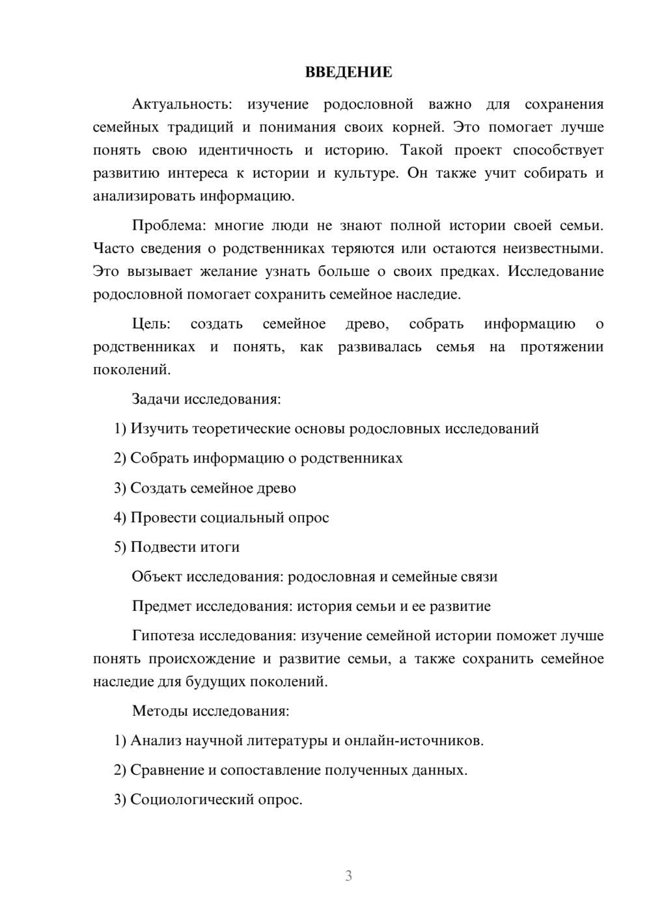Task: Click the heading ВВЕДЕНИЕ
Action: [348, 72]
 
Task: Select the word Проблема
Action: [168, 225]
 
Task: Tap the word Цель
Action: [151, 323]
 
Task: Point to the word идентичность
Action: [245, 150]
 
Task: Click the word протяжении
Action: [561, 347]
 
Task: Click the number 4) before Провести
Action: [120, 518]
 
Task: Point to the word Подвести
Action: [159, 547]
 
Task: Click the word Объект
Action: [157, 576]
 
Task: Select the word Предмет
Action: [161, 606]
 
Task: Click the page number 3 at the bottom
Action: [348, 876]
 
